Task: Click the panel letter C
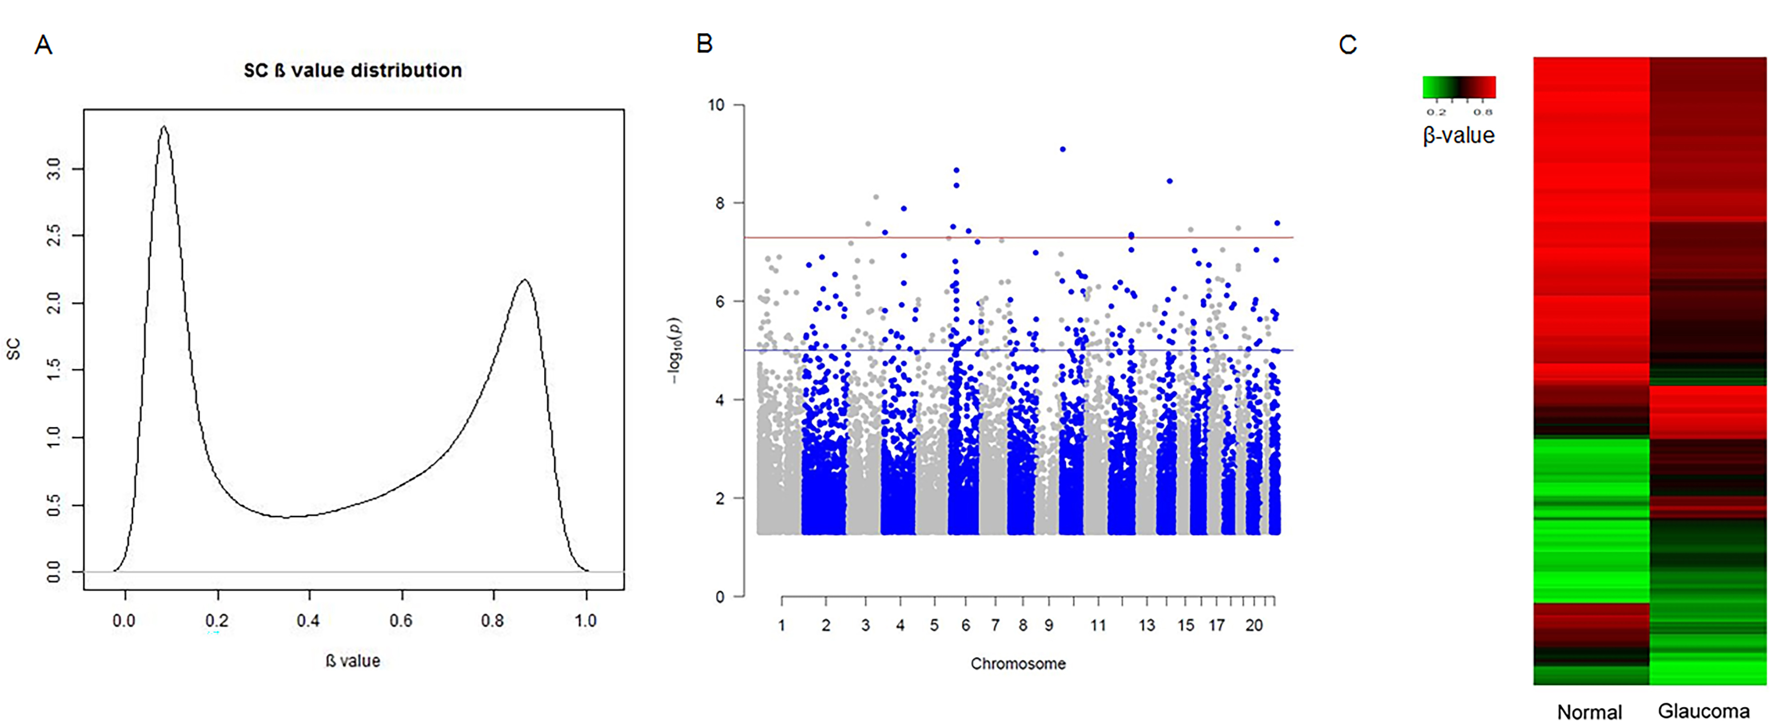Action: coord(1347,45)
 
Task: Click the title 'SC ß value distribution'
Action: coord(353,71)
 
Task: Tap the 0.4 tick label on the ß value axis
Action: coord(308,620)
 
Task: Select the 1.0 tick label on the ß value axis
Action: coord(586,620)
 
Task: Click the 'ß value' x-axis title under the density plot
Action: coord(353,661)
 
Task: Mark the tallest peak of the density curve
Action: coord(163,127)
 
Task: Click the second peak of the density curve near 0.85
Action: coord(525,281)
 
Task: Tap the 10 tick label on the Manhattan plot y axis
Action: coord(716,105)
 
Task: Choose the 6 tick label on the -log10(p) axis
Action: coord(720,302)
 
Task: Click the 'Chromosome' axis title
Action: coord(1017,664)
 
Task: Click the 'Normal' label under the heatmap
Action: coord(1589,712)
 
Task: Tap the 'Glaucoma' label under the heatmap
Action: coord(1704,711)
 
